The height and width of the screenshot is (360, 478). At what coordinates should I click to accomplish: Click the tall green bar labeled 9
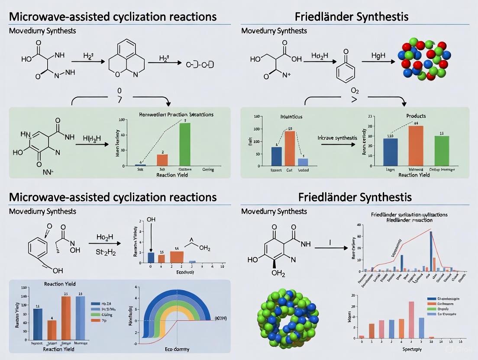184,144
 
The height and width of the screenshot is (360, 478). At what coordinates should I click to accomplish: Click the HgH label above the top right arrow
375,56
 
